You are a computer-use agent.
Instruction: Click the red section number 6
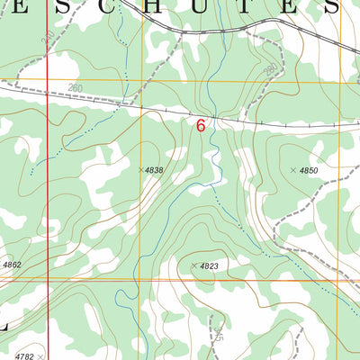pos(200,126)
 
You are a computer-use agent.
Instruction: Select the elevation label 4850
pos(309,170)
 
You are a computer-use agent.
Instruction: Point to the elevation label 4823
pos(210,266)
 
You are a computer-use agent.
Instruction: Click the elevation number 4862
pos(12,265)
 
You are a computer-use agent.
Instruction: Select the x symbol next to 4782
pos(40,356)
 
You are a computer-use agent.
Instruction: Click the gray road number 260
pos(76,88)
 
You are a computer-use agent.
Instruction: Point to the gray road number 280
pos(270,69)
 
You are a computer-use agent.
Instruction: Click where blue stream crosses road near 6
pos(209,114)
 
